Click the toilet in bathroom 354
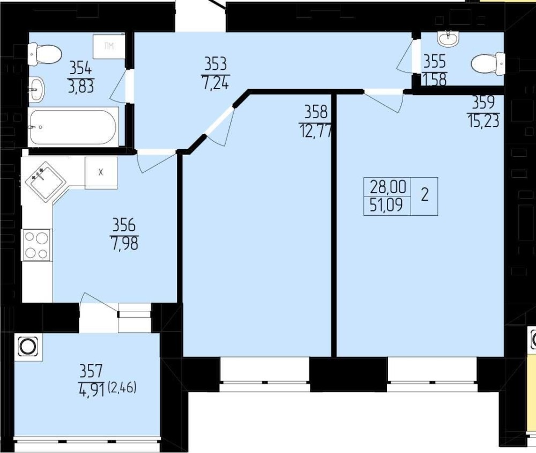(45, 54)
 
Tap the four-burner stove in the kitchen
(36, 245)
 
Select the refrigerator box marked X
(101, 173)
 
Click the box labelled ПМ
(109, 46)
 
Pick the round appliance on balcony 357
(28, 346)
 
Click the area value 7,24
(215, 83)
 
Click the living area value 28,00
(388, 187)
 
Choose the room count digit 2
(425, 195)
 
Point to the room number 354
(81, 69)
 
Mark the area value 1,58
(435, 79)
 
